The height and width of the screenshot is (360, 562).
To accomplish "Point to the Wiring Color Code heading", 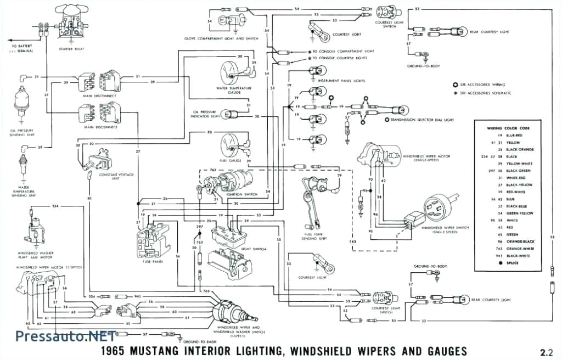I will pyautogui.click(x=510, y=128).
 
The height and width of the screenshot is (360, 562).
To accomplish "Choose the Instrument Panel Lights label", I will pyautogui.click(x=345, y=81).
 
